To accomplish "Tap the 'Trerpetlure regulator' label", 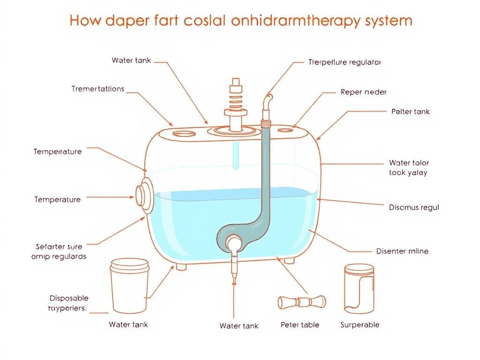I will pos(345,62).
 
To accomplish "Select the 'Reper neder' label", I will pos(363,92).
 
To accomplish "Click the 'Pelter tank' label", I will pos(410,112).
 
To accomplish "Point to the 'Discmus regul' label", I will pos(414,207).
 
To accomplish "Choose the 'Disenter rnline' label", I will pos(402,251).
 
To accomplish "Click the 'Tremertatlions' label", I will pos(98,89).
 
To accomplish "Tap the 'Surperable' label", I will pos(360,325).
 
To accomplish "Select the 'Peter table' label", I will pos(300,325).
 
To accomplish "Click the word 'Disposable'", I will pos(69,298).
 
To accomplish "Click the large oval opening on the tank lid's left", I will pos(182,134).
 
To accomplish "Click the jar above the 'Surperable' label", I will pos(359,288).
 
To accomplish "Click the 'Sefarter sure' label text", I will pos(59,246).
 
